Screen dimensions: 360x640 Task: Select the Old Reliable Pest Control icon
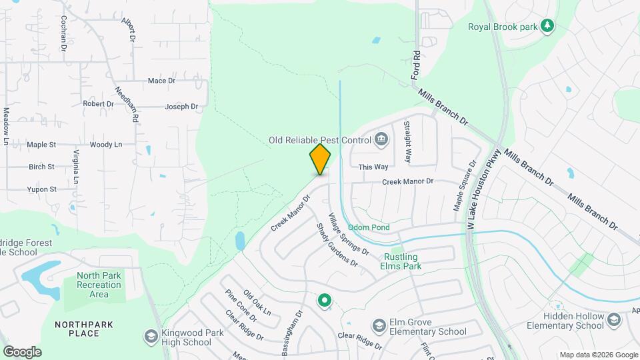(x=381, y=139)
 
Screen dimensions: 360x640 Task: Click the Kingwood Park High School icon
(x=151, y=337)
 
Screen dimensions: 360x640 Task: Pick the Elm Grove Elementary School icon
(x=379, y=326)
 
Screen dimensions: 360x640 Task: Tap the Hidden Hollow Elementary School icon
(x=613, y=321)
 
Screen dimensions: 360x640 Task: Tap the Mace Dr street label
(x=161, y=81)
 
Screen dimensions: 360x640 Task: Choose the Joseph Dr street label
(x=181, y=106)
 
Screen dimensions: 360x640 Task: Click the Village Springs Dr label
(x=348, y=234)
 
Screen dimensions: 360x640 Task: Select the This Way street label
(x=373, y=167)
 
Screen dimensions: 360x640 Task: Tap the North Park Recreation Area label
(x=99, y=285)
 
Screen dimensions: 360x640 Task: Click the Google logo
(x=22, y=351)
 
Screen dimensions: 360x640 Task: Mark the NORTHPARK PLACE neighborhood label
(x=83, y=329)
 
